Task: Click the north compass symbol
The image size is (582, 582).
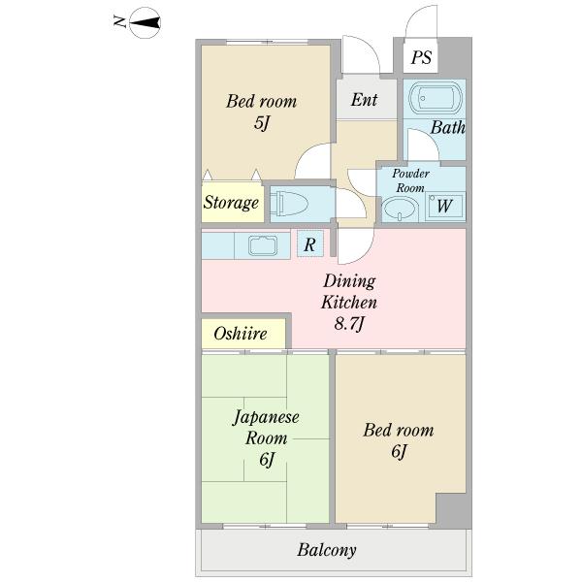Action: pos(145,23)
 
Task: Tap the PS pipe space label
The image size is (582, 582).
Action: pos(421,57)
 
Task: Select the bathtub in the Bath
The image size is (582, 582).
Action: pos(436,98)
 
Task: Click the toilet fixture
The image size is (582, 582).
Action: pos(289,205)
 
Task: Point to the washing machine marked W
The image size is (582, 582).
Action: pos(444,206)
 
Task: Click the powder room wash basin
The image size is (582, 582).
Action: pos(400,209)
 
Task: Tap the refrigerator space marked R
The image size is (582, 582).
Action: pos(310,243)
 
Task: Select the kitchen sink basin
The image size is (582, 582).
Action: pos(263,245)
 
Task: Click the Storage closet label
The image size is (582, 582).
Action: pos(231,203)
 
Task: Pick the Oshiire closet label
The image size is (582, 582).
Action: pos(241,334)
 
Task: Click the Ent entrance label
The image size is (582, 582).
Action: pos(364,100)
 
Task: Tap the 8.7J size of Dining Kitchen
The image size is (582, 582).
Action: pos(349,324)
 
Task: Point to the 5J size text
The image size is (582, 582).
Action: pos(261,122)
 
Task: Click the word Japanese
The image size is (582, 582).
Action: pos(266,418)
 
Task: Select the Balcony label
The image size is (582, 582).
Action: pos(327,550)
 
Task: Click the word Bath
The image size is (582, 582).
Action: pos(447,127)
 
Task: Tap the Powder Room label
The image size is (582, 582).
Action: pos(410,180)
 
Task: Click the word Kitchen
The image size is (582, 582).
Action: pos(349,302)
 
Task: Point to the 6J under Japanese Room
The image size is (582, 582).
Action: pos(267,460)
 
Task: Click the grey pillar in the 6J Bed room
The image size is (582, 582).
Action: pos(451,508)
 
